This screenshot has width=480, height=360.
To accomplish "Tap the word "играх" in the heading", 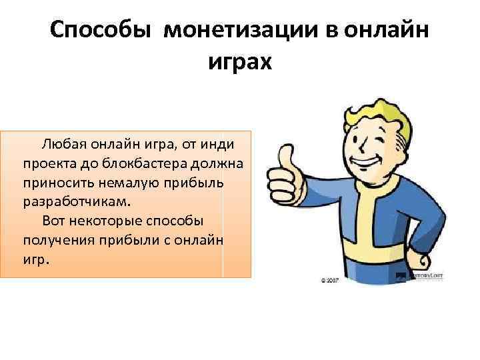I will [240, 63].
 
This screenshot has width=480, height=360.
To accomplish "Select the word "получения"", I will [59, 239].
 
